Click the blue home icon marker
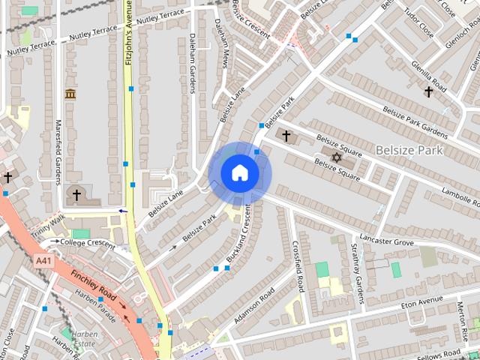point(239,173)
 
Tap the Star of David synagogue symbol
point(337,157)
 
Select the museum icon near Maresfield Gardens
point(70,94)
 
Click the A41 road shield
point(43,260)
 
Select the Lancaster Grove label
point(386,241)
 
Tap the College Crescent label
point(88,243)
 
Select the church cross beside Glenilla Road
point(428,92)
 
